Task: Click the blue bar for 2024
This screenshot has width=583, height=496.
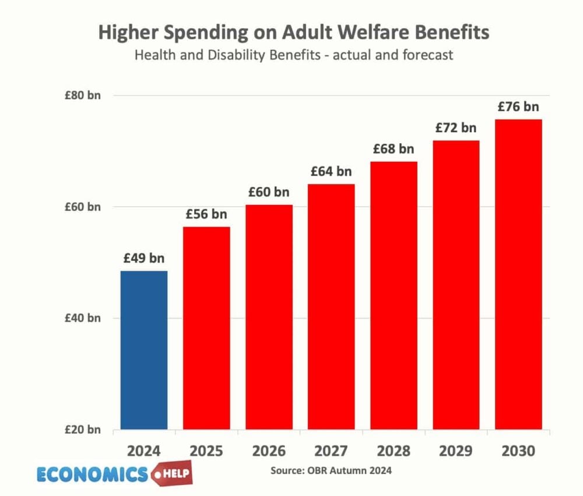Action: tap(143, 350)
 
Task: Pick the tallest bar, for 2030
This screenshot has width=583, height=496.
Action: tap(518, 274)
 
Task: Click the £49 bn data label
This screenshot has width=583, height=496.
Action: tap(143, 258)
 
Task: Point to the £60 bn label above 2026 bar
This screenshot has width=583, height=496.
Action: tap(269, 192)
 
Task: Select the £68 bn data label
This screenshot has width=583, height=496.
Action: tap(394, 149)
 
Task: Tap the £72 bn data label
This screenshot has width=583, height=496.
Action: tap(456, 127)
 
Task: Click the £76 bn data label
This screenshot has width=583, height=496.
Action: tap(518, 107)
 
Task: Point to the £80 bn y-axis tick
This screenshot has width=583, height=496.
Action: tap(82, 95)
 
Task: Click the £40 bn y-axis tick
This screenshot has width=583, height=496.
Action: tap(82, 318)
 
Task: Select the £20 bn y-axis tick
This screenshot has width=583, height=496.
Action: tap(82, 430)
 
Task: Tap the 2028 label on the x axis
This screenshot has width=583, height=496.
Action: tap(394, 451)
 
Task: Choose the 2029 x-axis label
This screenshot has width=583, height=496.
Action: tap(456, 451)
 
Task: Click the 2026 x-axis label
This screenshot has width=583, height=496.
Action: tap(269, 451)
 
